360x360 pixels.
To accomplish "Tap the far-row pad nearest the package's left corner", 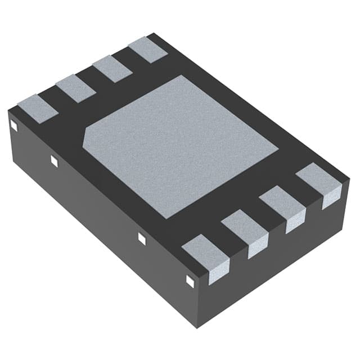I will [x=38, y=109].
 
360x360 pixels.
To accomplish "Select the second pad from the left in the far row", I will [x=75, y=88].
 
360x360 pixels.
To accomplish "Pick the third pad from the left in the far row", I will [x=112, y=69].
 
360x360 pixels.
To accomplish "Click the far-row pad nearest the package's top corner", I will [x=148, y=49].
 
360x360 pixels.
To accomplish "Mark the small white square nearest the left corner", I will [x=14, y=127].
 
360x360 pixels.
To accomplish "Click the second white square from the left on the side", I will [x=54, y=161].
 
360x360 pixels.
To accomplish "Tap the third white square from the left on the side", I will [x=142, y=238].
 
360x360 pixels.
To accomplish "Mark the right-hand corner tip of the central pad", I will [x=278, y=150].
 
